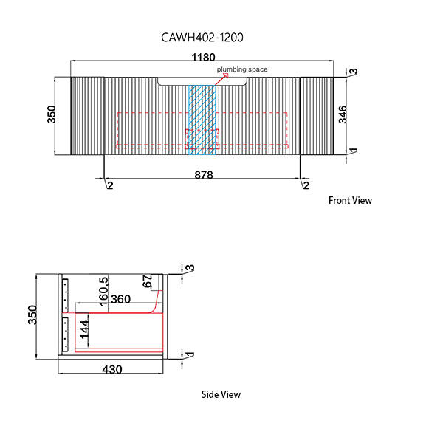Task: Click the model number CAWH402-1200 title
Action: tap(202, 36)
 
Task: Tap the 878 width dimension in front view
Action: tap(204, 175)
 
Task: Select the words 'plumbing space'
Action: tap(241, 69)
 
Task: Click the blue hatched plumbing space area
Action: tap(201, 118)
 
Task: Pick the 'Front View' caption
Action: tap(350, 200)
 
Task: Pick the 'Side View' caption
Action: tap(221, 394)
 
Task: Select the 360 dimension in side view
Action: tap(120, 299)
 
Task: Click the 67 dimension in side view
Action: tap(147, 281)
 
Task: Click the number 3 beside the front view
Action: tap(354, 72)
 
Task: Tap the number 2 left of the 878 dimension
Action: tap(109, 185)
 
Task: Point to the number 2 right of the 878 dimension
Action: tap(305, 185)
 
